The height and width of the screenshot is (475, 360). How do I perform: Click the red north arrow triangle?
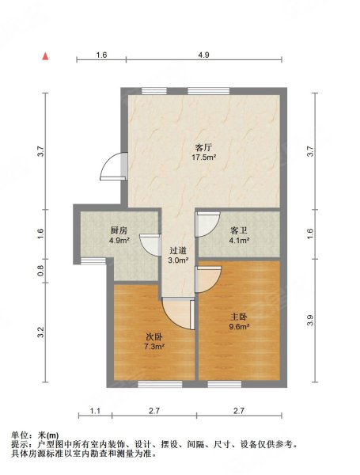[45, 56]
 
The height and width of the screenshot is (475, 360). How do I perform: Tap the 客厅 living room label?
[203, 148]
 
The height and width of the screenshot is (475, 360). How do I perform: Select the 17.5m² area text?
[203, 158]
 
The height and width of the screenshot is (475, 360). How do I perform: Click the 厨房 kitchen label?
[119, 231]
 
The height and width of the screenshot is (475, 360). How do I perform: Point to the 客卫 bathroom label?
[239, 231]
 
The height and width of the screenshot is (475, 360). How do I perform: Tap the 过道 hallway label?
[178, 250]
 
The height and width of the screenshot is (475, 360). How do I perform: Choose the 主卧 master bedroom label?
[239, 317]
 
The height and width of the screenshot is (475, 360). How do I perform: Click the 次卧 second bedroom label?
[154, 336]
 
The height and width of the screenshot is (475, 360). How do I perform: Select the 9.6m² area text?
[239, 326]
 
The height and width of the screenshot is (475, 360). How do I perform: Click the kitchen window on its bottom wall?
[93, 260]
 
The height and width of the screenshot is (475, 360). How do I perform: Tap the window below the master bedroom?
[225, 384]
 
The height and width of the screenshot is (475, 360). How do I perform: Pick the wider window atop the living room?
[208, 91]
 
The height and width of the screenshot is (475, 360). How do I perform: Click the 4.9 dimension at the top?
[204, 55]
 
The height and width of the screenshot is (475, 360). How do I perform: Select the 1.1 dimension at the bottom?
[95, 411]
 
